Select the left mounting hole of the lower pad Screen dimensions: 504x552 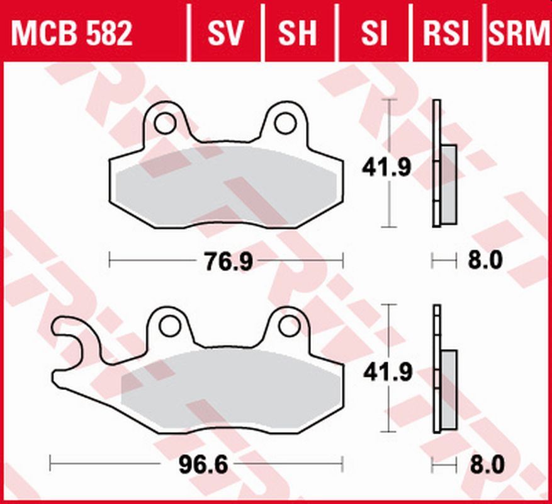[169, 326]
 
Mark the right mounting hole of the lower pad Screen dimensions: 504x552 [290, 325]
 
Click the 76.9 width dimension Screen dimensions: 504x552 [227, 260]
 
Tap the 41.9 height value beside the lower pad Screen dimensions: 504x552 [388, 372]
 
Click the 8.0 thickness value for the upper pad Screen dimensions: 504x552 [487, 260]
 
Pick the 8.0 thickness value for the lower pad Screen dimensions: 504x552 [487, 466]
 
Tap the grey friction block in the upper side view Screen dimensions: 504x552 [448, 183]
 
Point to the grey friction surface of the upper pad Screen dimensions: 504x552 [227, 186]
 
